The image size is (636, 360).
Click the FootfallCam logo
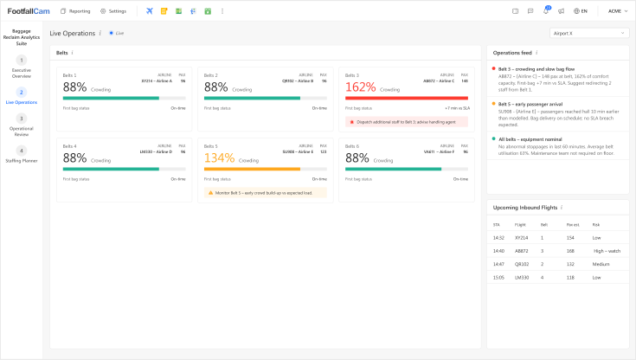tap(29, 11)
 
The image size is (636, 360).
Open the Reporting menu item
tap(75, 11)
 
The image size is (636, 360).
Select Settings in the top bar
tap(113, 11)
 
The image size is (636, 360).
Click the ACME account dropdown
tap(619, 11)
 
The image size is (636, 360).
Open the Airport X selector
tap(589, 33)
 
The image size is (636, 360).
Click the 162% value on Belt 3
tap(360, 87)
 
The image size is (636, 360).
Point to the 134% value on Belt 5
tap(219, 159)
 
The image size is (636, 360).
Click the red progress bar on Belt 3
tap(406, 98)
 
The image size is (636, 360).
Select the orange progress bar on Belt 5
tap(252, 169)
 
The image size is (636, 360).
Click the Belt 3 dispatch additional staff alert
tap(406, 122)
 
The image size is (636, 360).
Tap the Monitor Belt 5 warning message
tap(265, 193)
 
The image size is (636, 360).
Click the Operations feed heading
tap(513, 53)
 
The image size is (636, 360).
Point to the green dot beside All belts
tap(493, 138)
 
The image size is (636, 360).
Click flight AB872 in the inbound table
tap(521, 251)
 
